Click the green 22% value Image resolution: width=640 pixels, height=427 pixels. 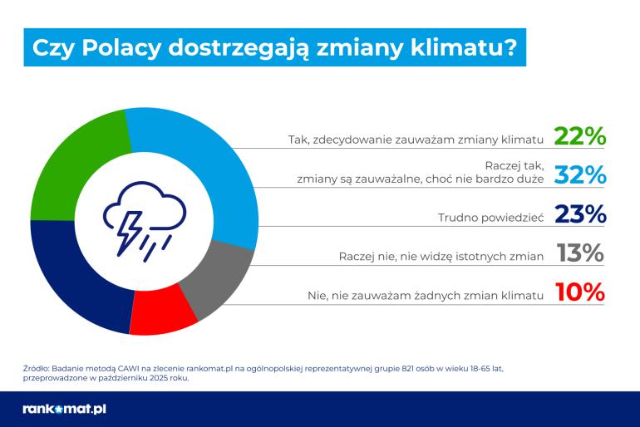pyautogui.click(x=580, y=137)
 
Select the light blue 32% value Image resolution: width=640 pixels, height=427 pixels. pyautogui.click(x=580, y=175)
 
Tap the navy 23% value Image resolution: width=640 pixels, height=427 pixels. pyautogui.click(x=580, y=215)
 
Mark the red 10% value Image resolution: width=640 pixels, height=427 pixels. pyautogui.click(x=580, y=293)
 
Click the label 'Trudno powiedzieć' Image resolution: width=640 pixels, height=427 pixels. pyautogui.click(x=490, y=218)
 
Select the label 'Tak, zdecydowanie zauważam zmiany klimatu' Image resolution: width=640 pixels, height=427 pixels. pyautogui.click(x=416, y=140)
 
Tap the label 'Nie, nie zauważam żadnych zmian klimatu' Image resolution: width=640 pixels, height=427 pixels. pyautogui.click(x=421, y=295)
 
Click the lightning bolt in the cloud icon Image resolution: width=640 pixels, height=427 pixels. pyautogui.click(x=132, y=223)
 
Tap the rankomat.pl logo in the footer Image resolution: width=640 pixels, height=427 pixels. pyautogui.click(x=65, y=409)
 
